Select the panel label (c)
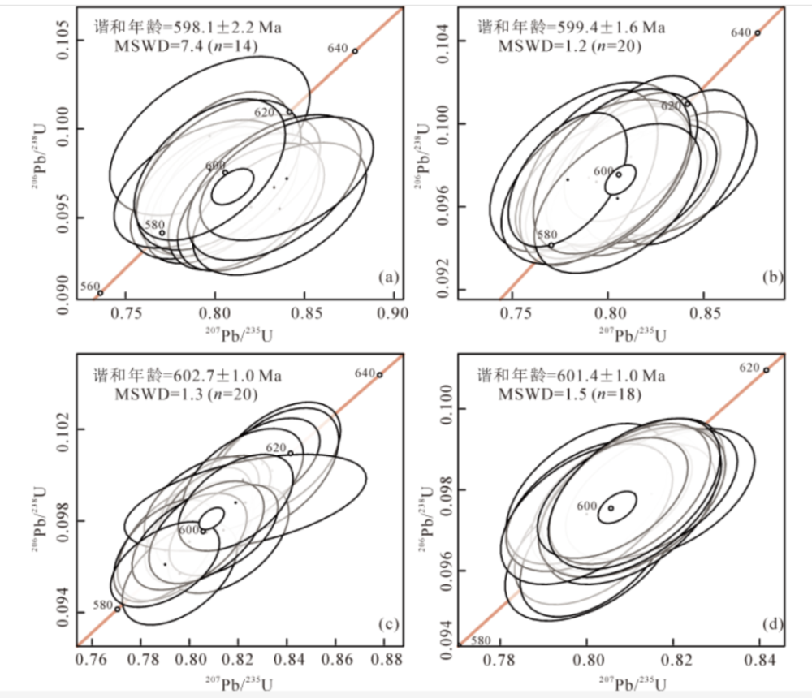coord(388,624)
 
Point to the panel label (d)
coord(771,624)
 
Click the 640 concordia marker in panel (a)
coord(355,51)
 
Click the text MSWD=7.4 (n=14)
coord(187,46)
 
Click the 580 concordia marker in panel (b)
coord(551,245)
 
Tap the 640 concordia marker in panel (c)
coord(379,375)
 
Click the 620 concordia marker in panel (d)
coord(766,370)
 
